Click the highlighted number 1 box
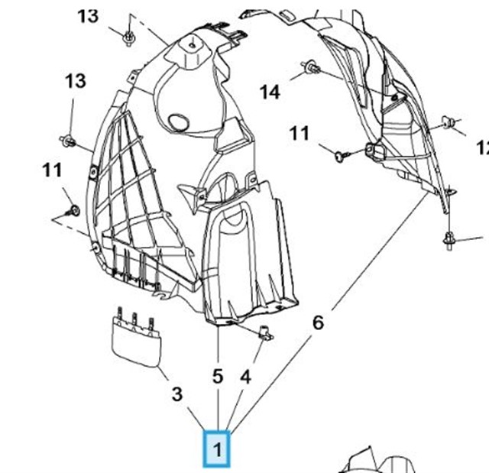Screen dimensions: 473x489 218,449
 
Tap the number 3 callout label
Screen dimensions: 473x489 176,394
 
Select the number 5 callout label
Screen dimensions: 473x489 218,377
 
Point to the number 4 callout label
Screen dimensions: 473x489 244,377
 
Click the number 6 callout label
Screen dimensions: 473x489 318,322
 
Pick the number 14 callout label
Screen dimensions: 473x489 270,92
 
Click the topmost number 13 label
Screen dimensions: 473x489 89,16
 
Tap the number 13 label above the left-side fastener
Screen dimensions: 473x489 76,81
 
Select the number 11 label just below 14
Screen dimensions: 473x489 299,134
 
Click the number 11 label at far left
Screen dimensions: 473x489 52,170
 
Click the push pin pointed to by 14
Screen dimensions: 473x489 309,68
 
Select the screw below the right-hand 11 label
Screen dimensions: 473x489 342,155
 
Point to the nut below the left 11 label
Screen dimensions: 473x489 73,209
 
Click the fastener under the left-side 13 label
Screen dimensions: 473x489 68,141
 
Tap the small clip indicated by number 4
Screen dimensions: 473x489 266,332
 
